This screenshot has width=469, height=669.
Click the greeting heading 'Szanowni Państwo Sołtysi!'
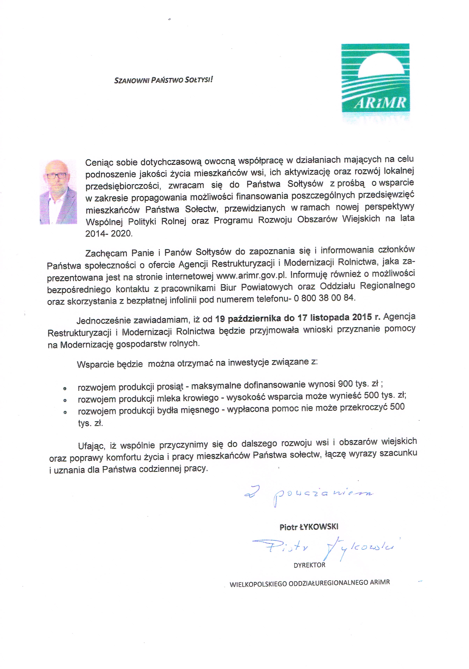click(163, 80)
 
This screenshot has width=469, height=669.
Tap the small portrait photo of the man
click(58, 192)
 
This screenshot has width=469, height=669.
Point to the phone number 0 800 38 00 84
click(325, 298)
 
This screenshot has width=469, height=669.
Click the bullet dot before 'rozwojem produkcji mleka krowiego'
click(65, 400)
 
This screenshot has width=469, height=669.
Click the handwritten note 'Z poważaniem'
click(309, 494)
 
